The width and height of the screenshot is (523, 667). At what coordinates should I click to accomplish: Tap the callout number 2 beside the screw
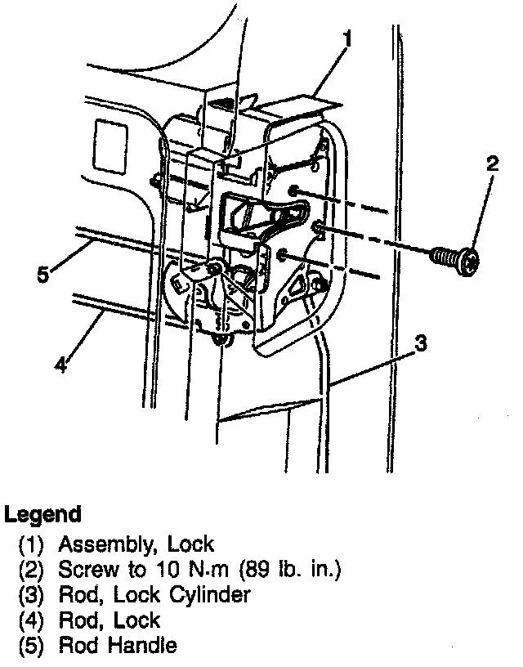pyautogui.click(x=491, y=163)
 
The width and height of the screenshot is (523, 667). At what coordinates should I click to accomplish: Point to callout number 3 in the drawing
pyautogui.click(x=419, y=344)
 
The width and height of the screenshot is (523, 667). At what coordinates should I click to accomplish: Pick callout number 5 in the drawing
pyautogui.click(x=44, y=273)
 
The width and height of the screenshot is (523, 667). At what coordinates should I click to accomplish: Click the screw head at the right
pyautogui.click(x=469, y=262)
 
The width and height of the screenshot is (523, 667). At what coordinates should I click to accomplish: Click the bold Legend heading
pyautogui.click(x=43, y=514)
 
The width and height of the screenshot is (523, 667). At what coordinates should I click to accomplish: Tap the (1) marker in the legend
pyautogui.click(x=31, y=544)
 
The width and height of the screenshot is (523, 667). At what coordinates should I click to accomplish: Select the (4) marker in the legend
pyautogui.click(x=31, y=620)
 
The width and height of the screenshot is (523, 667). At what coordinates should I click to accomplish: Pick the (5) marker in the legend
pyautogui.click(x=31, y=646)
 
